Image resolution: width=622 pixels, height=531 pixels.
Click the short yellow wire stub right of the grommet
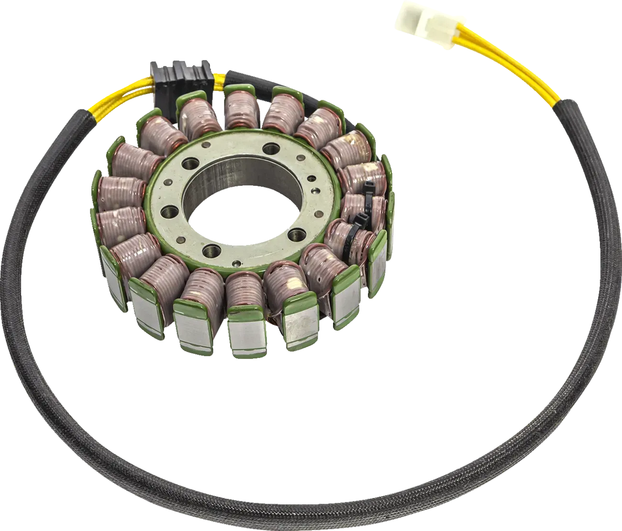click(221, 78)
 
